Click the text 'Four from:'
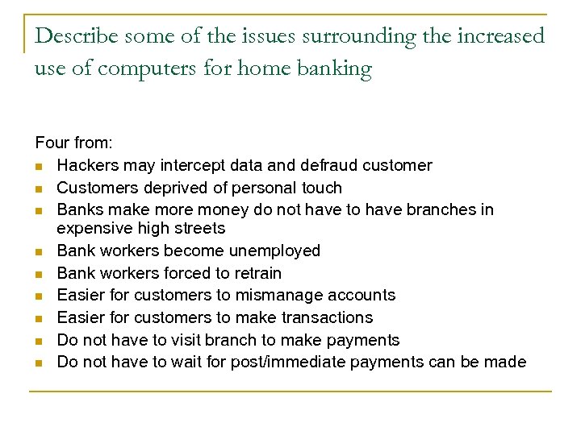pyautogui.click(x=74, y=143)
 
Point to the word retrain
pyautogui.click(x=255, y=272)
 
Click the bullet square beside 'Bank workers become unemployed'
pyautogui.click(x=39, y=251)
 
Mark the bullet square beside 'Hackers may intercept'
pyautogui.click(x=39, y=166)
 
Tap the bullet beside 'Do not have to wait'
pyautogui.click(x=39, y=362)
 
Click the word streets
pyautogui.click(x=198, y=229)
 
